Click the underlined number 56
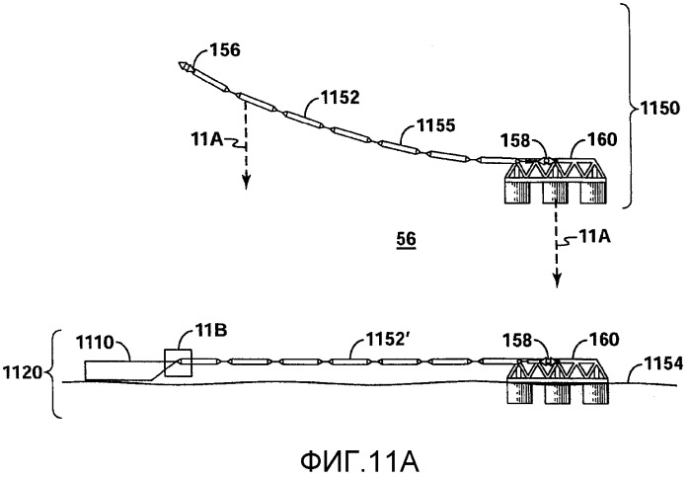[x=405, y=240]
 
